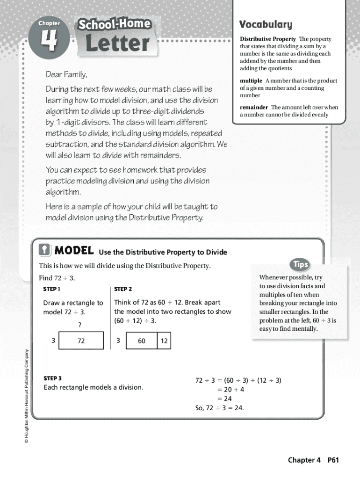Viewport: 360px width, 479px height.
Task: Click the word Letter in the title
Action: pos(117,43)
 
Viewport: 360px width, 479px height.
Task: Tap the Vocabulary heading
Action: pos(265,24)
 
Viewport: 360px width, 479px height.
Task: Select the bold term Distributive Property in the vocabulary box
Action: pos(268,39)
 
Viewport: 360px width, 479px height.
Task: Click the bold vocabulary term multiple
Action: pos(251,81)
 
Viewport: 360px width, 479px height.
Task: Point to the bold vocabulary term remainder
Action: pos(254,107)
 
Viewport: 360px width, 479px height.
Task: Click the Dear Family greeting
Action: pos(66,75)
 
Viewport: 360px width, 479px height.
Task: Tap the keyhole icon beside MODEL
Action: pos(44,251)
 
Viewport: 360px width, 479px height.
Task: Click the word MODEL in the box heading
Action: pos(74,251)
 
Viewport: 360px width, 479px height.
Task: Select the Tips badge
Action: pos(301,264)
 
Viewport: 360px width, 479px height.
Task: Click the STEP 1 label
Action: pos(52,289)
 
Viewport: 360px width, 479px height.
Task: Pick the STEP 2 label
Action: pos(123,289)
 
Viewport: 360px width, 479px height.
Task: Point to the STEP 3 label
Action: pos(52,378)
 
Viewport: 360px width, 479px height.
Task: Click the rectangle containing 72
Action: pos(81,341)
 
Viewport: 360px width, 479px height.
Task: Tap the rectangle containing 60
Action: pos(142,341)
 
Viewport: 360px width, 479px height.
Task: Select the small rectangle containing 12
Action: pos(164,341)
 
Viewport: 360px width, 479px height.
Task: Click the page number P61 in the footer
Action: pos(333,460)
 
